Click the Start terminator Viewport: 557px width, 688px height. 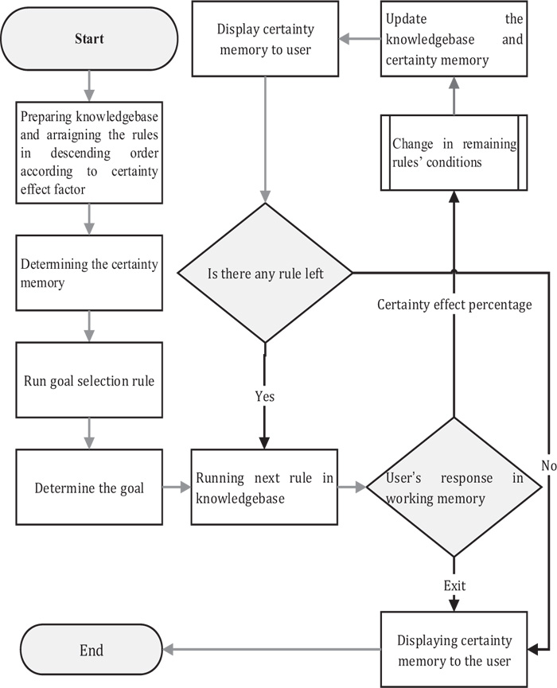click(x=89, y=39)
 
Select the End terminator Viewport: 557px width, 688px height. click(x=92, y=649)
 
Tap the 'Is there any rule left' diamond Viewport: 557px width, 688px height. click(x=265, y=273)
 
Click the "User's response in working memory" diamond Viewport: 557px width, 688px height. click(x=454, y=487)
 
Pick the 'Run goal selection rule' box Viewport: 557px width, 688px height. click(x=89, y=380)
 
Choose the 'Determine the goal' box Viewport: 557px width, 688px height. click(x=89, y=487)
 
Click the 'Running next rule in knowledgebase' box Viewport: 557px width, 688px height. click(x=264, y=487)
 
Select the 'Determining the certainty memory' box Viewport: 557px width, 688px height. click(x=89, y=273)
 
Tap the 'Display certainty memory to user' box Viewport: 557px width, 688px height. click(x=265, y=39)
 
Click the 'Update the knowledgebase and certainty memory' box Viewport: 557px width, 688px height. click(x=454, y=39)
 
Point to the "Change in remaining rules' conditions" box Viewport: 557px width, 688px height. click(x=454, y=153)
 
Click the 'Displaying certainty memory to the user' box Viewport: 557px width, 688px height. click(x=454, y=649)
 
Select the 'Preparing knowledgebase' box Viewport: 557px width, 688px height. click(x=89, y=153)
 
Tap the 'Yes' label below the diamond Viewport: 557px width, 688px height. click(x=265, y=396)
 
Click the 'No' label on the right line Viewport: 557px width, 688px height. click(x=549, y=465)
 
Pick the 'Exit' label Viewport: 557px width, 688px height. click(x=454, y=585)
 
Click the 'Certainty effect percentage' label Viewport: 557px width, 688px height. click(x=454, y=305)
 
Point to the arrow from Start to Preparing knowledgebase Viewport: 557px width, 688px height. click(x=89, y=86)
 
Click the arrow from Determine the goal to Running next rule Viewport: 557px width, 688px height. click(x=177, y=487)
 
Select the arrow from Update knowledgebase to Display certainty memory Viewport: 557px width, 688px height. click(x=360, y=39)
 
